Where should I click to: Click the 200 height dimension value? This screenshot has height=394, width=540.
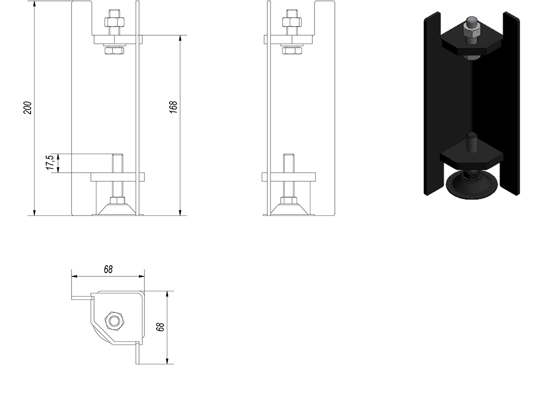click(27, 108)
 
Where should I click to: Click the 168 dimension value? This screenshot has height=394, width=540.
click(173, 107)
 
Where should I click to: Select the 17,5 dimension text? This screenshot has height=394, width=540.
click(49, 162)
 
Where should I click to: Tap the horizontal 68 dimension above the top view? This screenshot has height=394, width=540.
click(108, 269)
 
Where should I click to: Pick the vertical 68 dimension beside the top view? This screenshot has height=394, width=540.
click(160, 327)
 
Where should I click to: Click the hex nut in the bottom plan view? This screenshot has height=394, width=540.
click(114, 321)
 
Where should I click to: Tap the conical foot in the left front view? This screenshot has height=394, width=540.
click(117, 209)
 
